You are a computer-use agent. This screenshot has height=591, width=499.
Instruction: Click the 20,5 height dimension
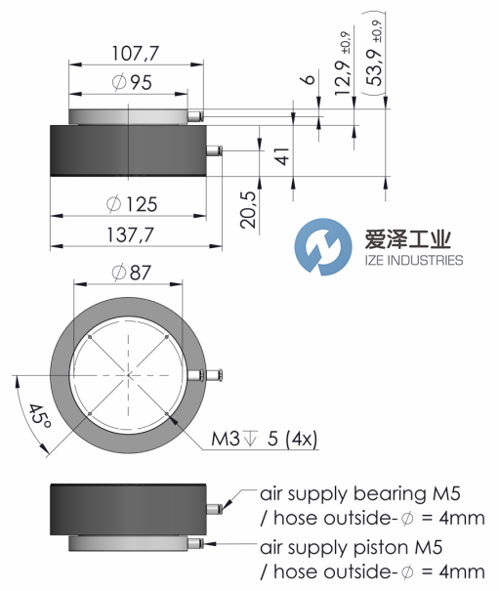point(248,207)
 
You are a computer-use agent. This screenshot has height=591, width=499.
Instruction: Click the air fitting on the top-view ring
point(213,376)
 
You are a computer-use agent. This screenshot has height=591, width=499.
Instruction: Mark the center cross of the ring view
point(128,376)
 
